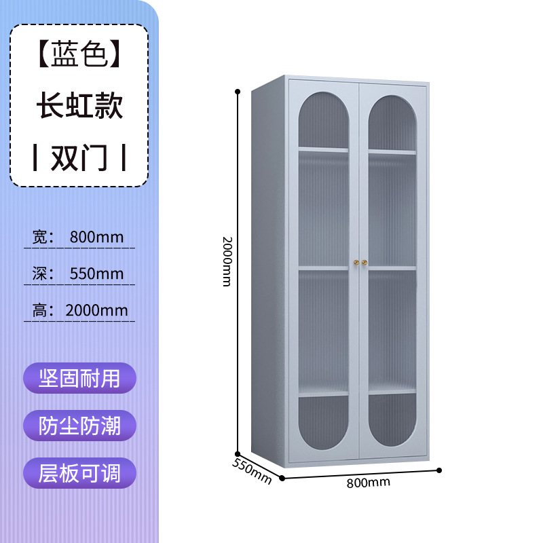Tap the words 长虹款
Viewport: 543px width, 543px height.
tap(79, 107)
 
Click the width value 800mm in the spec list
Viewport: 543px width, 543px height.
tap(96, 237)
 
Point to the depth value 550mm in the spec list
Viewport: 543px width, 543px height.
tap(96, 274)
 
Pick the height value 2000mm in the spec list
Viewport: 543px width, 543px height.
tap(96, 310)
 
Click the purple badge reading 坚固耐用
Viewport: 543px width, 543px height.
tap(79, 378)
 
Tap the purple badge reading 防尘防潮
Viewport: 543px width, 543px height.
tap(79, 426)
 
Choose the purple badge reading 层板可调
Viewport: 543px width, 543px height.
tap(79, 473)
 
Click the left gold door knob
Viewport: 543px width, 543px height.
tap(355, 261)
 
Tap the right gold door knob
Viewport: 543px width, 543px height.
tap(364, 261)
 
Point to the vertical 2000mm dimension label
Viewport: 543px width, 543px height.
tap(227, 261)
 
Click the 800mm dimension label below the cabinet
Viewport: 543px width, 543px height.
tap(368, 483)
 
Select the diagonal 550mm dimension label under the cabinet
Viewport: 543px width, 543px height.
tap(252, 470)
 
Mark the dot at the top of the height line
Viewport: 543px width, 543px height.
tap(238, 90)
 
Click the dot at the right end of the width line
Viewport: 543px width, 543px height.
tap(439, 470)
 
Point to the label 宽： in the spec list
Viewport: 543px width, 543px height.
tap(42, 237)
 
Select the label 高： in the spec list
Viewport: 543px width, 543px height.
tap(42, 310)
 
